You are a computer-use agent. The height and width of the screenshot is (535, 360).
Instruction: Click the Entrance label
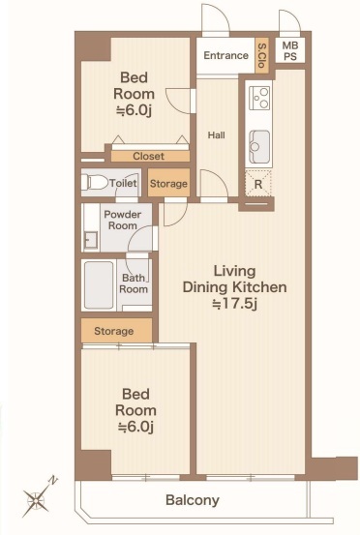tap(225, 55)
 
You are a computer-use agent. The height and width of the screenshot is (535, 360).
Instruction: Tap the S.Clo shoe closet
tap(261, 55)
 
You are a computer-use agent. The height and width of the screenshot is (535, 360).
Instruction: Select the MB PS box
tap(290, 50)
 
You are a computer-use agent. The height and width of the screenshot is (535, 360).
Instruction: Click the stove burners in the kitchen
tap(259, 98)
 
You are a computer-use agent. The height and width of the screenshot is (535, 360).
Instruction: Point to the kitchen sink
tap(259, 147)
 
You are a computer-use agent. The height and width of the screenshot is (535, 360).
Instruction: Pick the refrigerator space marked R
tap(258, 184)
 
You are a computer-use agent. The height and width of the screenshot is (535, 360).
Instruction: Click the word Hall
tap(217, 135)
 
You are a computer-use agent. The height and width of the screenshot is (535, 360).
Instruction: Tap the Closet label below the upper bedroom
tap(148, 157)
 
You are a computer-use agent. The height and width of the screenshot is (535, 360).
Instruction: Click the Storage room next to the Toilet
tap(168, 183)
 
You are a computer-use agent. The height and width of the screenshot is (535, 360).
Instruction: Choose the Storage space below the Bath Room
tap(116, 330)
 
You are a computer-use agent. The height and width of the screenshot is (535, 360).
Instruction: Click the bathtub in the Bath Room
tap(99, 285)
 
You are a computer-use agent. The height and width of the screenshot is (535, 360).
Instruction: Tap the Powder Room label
tap(123, 220)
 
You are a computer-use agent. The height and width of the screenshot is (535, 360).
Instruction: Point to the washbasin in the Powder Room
tap(90, 240)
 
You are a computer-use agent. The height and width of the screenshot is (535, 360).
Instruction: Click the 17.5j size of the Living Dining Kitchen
tap(234, 304)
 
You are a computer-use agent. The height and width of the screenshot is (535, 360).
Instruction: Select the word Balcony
tap(193, 500)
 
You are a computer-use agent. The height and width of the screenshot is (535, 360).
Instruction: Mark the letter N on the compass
tap(53, 480)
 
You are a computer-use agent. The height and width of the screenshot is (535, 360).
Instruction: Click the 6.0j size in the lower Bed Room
tap(135, 427)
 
